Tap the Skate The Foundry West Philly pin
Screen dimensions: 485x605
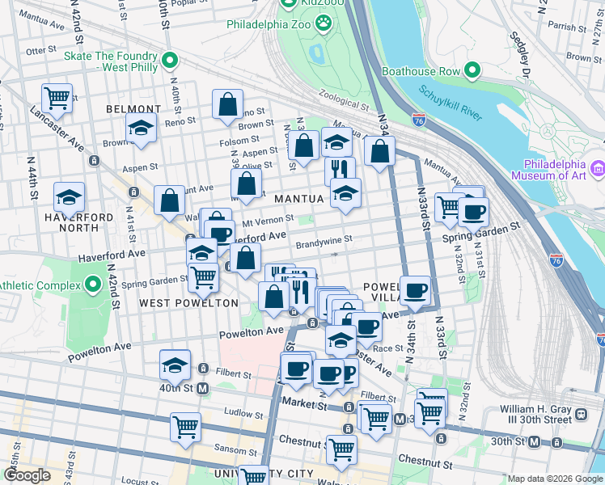pyautogui.click(x=170, y=61)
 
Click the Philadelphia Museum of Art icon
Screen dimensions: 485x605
pyautogui.click(x=598, y=168)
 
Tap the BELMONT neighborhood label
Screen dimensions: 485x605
pyautogui.click(x=133, y=109)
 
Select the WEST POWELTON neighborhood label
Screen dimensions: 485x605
pyautogui.click(x=188, y=303)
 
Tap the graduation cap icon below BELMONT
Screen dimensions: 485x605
pyautogui.click(x=141, y=128)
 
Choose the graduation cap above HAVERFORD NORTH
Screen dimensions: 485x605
pyautogui.click(x=69, y=196)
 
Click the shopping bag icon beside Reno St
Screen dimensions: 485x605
pyautogui.click(x=228, y=103)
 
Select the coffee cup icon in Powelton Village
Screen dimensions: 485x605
pyautogui.click(x=416, y=289)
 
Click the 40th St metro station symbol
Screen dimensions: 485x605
pyautogui.click(x=203, y=388)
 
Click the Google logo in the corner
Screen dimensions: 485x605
pyautogui.click(x=27, y=475)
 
